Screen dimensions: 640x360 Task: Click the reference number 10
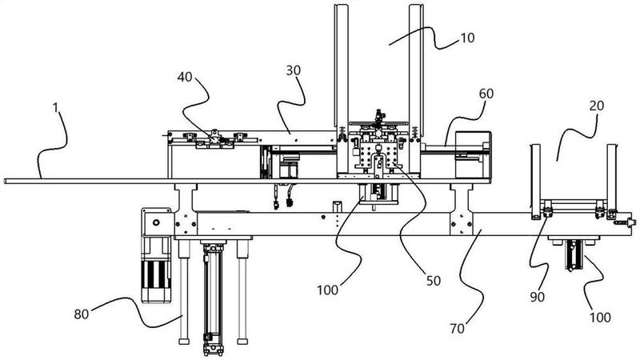[x=468, y=38]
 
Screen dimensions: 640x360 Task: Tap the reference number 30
[x=293, y=70]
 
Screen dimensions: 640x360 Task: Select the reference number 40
[x=185, y=77]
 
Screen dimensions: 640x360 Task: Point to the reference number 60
[x=486, y=94]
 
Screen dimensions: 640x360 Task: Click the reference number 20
[x=596, y=106]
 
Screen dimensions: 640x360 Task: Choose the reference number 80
[x=82, y=314]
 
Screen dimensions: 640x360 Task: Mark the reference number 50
[x=434, y=281]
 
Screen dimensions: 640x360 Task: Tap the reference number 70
[x=457, y=328]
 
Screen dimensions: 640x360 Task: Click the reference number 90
[x=537, y=297]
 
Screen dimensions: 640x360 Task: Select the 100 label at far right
[x=599, y=317]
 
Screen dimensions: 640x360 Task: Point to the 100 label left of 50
[x=328, y=290]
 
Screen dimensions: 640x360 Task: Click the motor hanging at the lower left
[x=155, y=255]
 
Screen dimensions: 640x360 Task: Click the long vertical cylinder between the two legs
[x=213, y=297]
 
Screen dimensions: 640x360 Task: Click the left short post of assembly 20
[x=535, y=182]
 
